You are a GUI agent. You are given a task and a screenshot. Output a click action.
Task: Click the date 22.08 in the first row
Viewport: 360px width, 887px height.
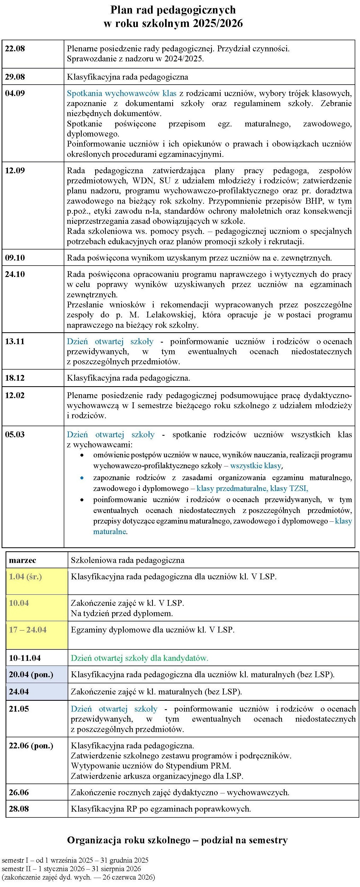[x=15, y=49]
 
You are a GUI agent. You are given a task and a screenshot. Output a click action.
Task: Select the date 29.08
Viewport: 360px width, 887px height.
[x=15, y=77]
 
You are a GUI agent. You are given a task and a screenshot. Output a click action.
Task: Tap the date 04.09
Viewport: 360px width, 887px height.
[x=15, y=93]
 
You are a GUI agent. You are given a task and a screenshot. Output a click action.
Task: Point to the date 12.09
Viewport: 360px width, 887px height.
[x=15, y=171]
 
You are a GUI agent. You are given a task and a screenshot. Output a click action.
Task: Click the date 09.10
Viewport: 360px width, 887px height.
[x=15, y=258]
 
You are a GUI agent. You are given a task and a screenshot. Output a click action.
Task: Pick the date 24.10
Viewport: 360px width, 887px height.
[x=15, y=274]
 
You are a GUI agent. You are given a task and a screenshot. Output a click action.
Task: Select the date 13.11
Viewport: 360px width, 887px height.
[x=15, y=342]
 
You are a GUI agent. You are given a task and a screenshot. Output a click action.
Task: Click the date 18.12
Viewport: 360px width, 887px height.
[x=15, y=378]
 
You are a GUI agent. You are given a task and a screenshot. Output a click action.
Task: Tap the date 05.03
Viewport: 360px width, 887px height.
[x=15, y=435]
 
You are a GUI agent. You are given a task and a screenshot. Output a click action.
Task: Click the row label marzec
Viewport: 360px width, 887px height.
[x=22, y=561]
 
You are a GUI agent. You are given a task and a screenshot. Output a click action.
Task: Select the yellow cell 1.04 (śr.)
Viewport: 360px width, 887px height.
[x=25, y=577]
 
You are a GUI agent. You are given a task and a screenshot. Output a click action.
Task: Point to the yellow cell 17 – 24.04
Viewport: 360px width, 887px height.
[x=28, y=630]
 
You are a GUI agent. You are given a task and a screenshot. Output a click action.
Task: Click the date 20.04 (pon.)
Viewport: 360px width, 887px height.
[x=31, y=675]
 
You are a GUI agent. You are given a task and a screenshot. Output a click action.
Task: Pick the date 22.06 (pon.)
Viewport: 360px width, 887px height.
[x=31, y=746]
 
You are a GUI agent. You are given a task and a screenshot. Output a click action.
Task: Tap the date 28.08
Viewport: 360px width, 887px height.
[x=19, y=809]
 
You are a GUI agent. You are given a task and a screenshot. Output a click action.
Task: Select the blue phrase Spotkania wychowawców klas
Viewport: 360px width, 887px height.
[x=121, y=93]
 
